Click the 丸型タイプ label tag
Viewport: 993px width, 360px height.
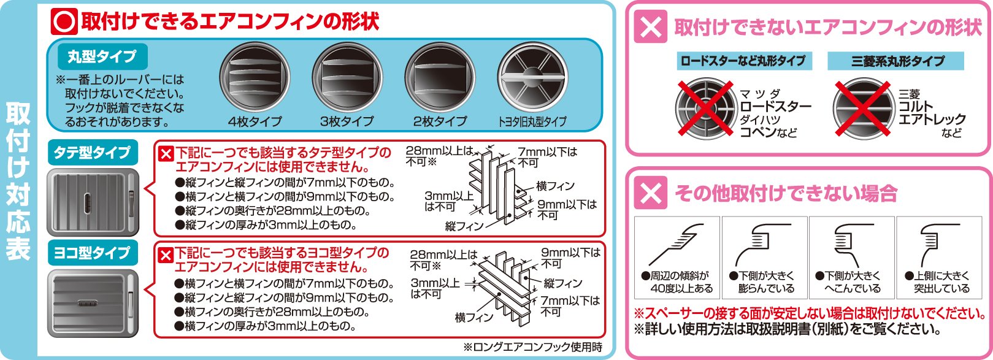pyautogui.click(x=102, y=57)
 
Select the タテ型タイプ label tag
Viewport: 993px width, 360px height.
pyautogui.click(x=92, y=152)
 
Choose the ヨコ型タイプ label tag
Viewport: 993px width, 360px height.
pyautogui.click(x=92, y=253)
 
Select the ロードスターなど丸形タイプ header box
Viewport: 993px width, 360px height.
pyautogui.click(x=743, y=61)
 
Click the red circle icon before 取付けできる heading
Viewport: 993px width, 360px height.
pyautogui.click(x=64, y=21)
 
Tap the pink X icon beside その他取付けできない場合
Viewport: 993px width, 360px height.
pyautogui.click(x=651, y=193)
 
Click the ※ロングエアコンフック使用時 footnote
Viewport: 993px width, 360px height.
pyautogui.click(x=532, y=348)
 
